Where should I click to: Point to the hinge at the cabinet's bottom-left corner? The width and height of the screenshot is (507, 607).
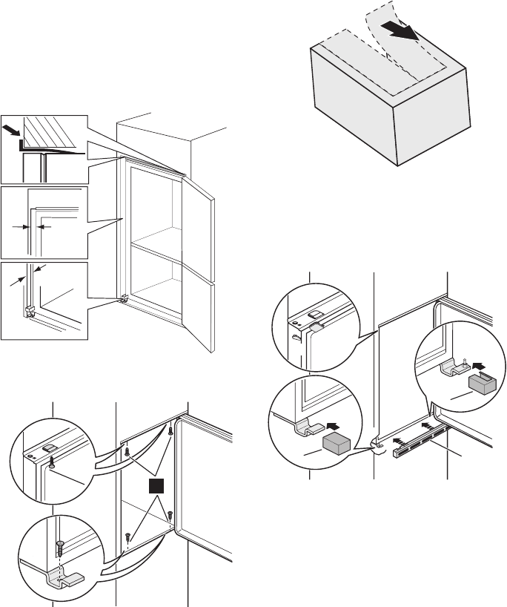coord(125,300)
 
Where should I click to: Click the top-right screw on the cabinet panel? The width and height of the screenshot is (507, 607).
coord(171,430)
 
